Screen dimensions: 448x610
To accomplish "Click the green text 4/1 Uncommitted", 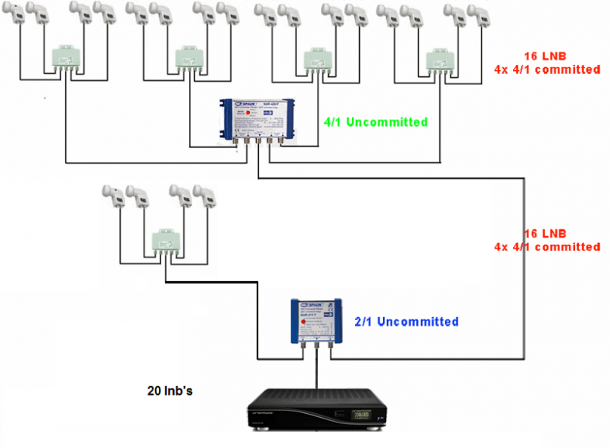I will pyautogui.click(x=376, y=122).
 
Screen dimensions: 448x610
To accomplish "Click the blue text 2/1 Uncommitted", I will pyautogui.click(x=407, y=322).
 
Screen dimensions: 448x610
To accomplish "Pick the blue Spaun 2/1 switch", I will pyautogui.click(x=316, y=322).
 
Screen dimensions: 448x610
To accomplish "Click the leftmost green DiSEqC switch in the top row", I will pyautogui.click(x=59, y=58).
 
